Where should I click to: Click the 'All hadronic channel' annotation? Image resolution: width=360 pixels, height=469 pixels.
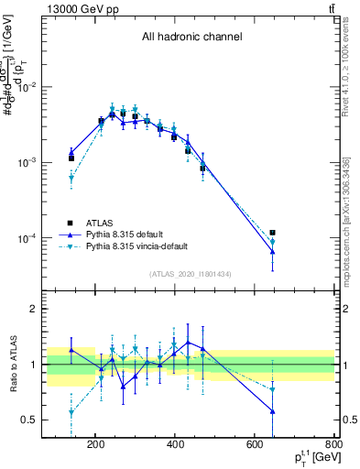tap(191, 37)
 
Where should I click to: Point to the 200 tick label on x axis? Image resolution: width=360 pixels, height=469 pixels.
tap(95, 447)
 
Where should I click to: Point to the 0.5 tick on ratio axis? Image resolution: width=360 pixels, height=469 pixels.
tap(54, 420)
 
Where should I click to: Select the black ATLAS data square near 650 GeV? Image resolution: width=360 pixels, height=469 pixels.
tap(273, 233)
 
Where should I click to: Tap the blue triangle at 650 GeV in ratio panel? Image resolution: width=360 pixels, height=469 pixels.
tap(273, 411)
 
